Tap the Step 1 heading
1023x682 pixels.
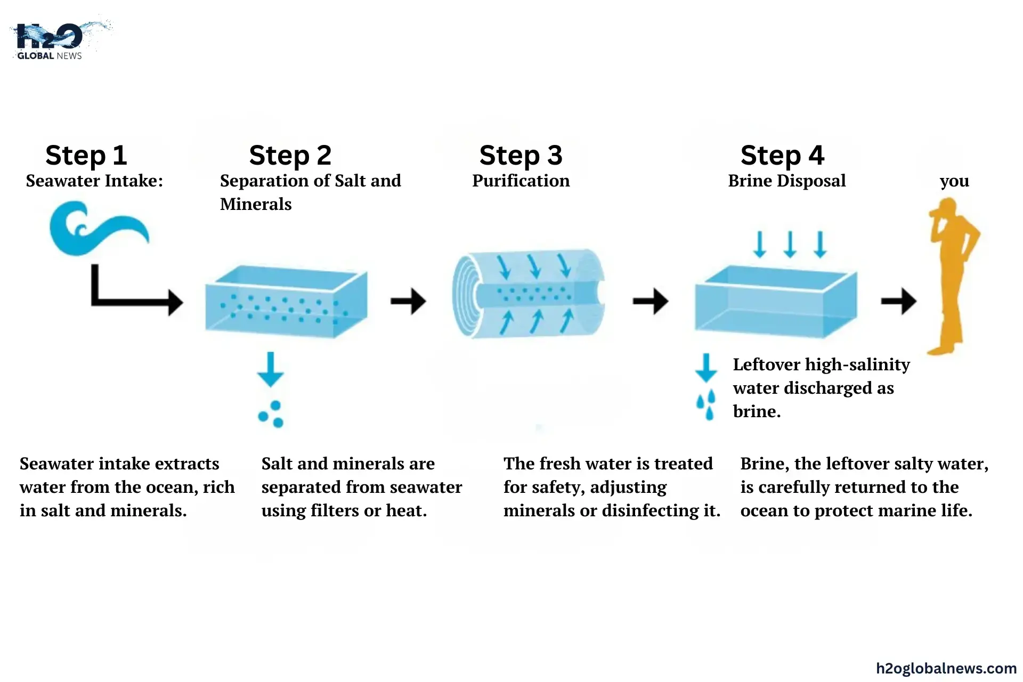pyautogui.click(x=86, y=156)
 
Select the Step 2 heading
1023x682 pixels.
pyautogui.click(x=290, y=156)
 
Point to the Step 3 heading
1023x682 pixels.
pyautogui.click(x=521, y=156)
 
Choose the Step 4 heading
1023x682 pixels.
pyautogui.click(x=782, y=156)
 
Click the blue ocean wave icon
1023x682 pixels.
pyautogui.click(x=96, y=228)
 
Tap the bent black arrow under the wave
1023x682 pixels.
pyautogui.click(x=133, y=293)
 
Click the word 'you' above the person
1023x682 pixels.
pyautogui.click(x=954, y=181)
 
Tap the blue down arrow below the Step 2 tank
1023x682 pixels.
pyautogui.click(x=271, y=369)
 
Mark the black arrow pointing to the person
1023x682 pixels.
pyautogui.click(x=898, y=302)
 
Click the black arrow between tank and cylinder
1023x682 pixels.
pyautogui.click(x=408, y=302)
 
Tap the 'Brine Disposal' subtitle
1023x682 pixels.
pyautogui.click(x=786, y=181)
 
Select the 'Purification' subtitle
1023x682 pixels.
pyautogui.click(x=521, y=181)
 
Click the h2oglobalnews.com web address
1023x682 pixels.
pyautogui.click(x=946, y=668)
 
